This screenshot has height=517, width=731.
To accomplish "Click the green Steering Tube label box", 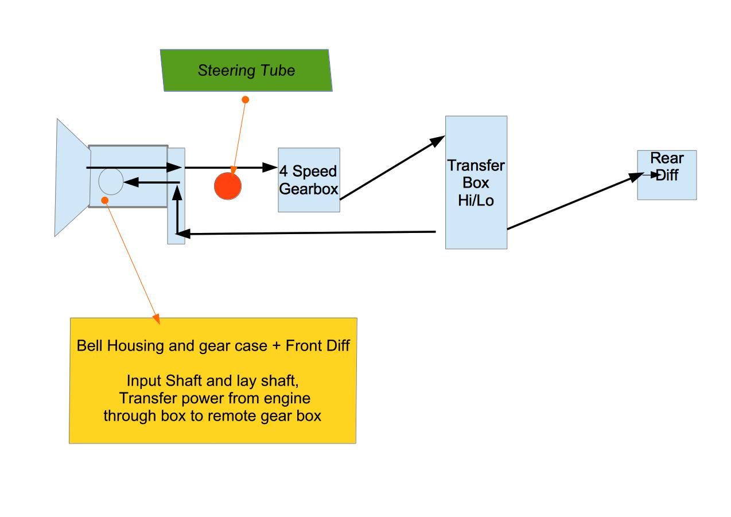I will pos(246,71).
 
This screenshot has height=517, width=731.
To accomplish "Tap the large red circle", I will pos(228,186).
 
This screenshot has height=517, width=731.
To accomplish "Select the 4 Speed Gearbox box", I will pos(309,180).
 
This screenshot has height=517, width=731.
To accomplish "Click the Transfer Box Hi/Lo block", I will pos(476,182).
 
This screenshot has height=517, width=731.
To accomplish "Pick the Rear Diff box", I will pos(667,175).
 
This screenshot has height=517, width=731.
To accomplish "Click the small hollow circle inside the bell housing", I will pos(111,182).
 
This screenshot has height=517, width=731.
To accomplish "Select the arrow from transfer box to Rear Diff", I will pos(574,201).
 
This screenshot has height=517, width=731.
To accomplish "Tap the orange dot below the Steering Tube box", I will pos(246,100).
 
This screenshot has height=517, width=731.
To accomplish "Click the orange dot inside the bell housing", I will pos(104,200).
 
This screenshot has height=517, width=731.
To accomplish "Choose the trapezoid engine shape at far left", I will pos(72,177).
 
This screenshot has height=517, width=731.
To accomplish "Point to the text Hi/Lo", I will pos(476,201).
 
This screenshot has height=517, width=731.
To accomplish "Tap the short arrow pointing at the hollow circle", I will pos(151,183).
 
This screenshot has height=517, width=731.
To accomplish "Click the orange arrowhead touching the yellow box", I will pos(155,319).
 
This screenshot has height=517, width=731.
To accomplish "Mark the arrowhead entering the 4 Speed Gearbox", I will pos(270,168).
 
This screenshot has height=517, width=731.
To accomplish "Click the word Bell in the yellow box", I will pos(88,347).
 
